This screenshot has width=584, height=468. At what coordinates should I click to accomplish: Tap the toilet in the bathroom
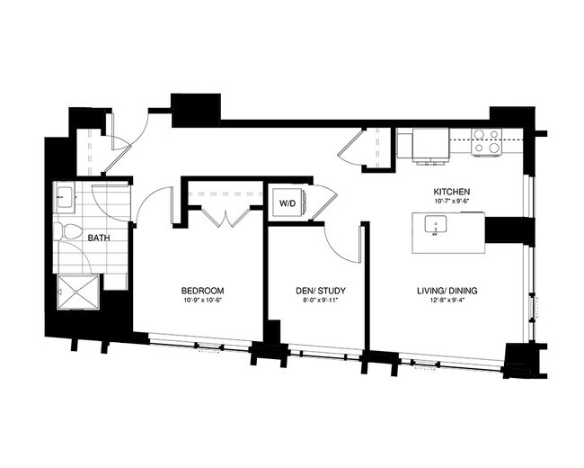coord(64,231)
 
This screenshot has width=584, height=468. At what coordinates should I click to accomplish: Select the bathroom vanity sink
coord(64,196)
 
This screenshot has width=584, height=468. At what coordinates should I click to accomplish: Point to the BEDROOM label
coord(202,291)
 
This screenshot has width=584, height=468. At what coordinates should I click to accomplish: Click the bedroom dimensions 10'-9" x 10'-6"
coord(202,301)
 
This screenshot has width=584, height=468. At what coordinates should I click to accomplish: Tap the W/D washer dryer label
coord(288,202)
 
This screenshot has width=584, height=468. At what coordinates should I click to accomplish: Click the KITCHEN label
coord(449,193)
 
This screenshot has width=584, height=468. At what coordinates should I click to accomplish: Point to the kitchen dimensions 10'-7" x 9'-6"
coord(449,203)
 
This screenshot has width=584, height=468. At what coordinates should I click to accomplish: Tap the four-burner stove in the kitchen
coord(486,142)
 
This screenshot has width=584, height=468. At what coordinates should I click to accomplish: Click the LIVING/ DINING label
coord(447,291)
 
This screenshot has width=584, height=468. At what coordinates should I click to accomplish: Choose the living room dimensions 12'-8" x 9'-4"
coord(447,301)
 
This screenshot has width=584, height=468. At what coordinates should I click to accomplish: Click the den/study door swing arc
coord(341,241)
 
